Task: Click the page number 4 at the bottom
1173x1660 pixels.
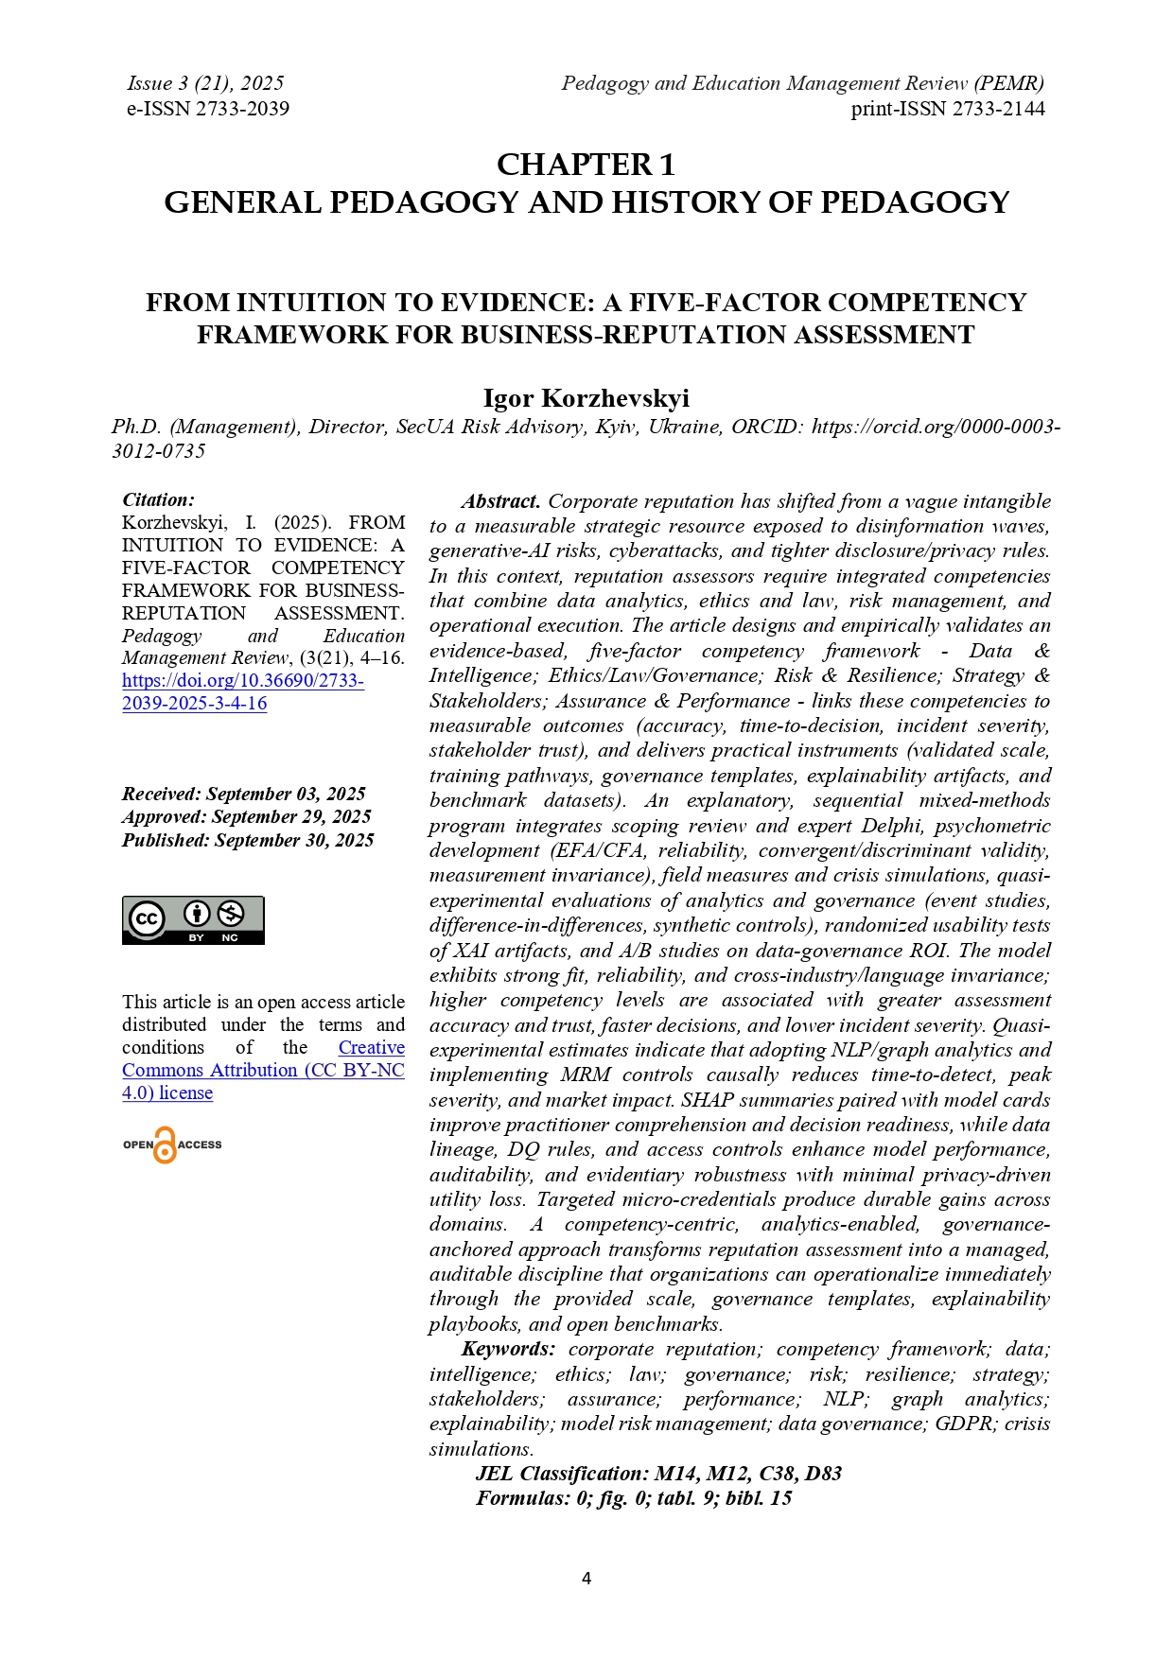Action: [586, 1578]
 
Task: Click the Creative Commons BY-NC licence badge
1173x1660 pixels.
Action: [193, 920]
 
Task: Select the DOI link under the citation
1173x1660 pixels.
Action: [242, 691]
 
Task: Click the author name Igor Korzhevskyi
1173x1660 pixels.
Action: [586, 398]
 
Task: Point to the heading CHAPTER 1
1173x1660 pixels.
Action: [586, 165]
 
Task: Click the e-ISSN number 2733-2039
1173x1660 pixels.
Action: [241, 109]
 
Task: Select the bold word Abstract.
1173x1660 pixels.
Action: [500, 501]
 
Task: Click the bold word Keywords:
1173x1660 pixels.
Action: [508, 1349]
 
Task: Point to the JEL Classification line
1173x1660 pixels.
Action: [658, 1474]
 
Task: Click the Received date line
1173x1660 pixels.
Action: [243, 794]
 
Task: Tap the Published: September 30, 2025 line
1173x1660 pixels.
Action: [248, 840]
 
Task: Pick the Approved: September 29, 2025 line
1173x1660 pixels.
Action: [246, 816]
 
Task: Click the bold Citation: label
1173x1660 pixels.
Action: [158, 499]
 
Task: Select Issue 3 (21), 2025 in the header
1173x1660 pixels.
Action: [205, 83]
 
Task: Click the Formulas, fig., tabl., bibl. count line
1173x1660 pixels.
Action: [634, 1498]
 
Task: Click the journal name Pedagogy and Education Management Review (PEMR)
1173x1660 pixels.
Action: [802, 83]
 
